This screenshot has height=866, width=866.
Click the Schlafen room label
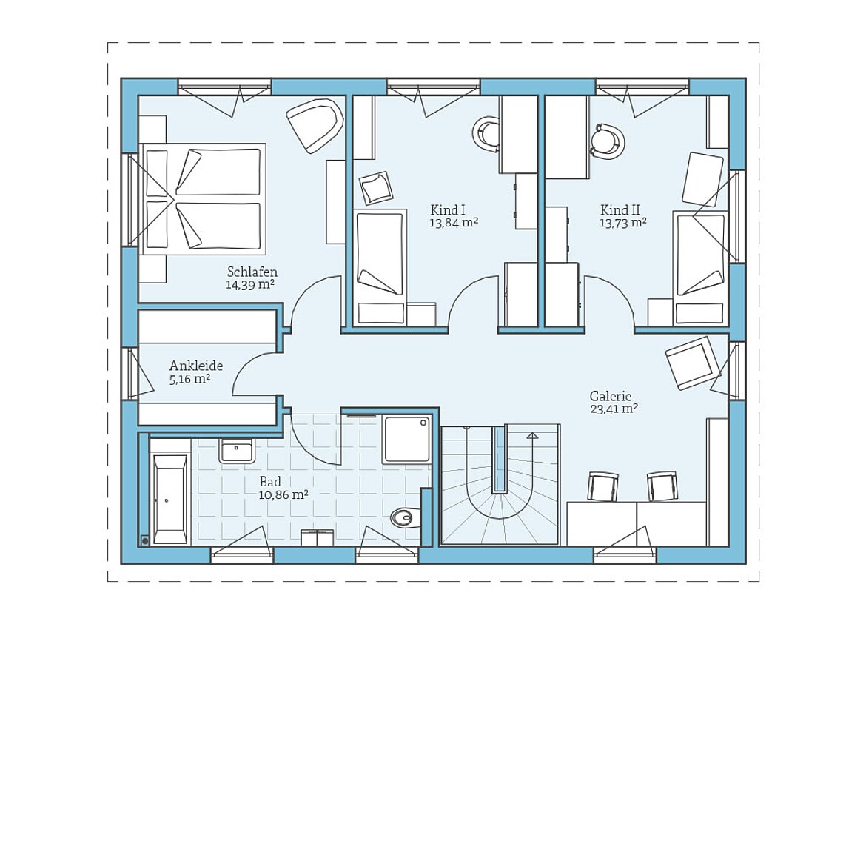(252, 272)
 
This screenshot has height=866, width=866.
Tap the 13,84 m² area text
(454, 223)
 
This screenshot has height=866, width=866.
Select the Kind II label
(620, 210)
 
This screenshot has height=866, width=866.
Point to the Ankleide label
(196, 366)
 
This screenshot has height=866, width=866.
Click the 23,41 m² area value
(614, 409)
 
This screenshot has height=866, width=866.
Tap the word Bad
(271, 481)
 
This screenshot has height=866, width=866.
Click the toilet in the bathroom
(405, 517)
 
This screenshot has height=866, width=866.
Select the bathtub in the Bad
(169, 500)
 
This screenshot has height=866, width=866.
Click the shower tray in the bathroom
(407, 439)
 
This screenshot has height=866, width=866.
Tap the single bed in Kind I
(380, 266)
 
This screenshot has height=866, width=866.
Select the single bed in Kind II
(700, 268)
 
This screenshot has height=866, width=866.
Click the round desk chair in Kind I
(487, 133)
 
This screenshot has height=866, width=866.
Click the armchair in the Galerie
(693, 363)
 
